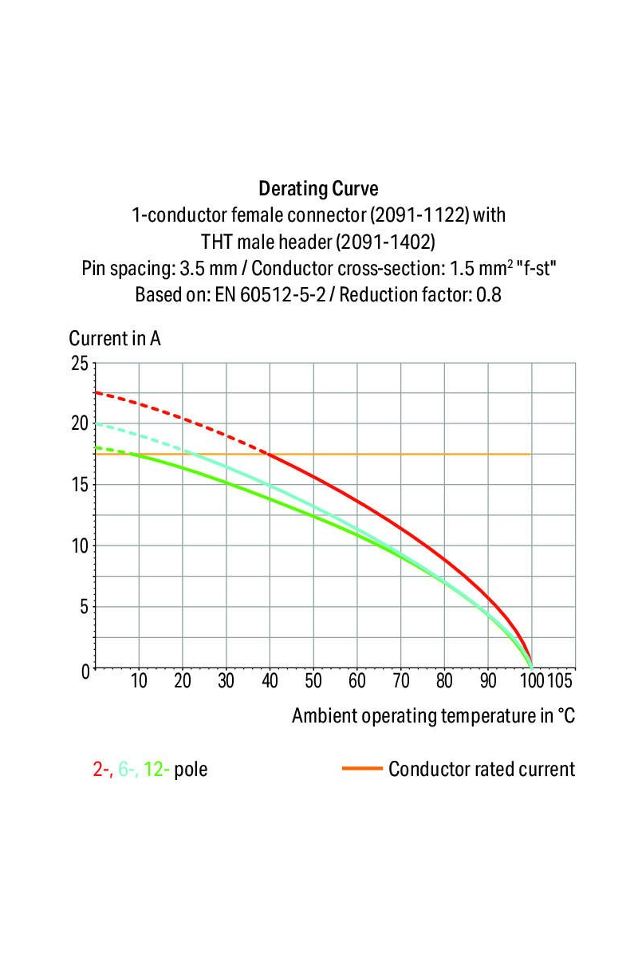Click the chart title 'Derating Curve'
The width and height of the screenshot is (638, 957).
(x=318, y=190)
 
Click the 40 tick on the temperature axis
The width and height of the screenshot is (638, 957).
(x=270, y=681)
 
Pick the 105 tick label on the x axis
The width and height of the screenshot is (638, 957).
(x=560, y=681)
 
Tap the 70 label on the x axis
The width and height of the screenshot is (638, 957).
(x=400, y=681)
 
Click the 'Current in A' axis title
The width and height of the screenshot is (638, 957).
(x=115, y=338)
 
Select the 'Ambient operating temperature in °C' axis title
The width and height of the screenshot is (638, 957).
(x=433, y=715)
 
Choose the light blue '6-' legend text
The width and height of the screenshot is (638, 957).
(x=128, y=770)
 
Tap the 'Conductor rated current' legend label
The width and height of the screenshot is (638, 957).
(x=481, y=770)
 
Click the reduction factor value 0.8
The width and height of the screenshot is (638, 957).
(x=489, y=294)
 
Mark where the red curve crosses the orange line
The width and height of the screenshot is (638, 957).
(x=270, y=454)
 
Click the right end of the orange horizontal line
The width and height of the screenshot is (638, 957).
(x=530, y=454)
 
